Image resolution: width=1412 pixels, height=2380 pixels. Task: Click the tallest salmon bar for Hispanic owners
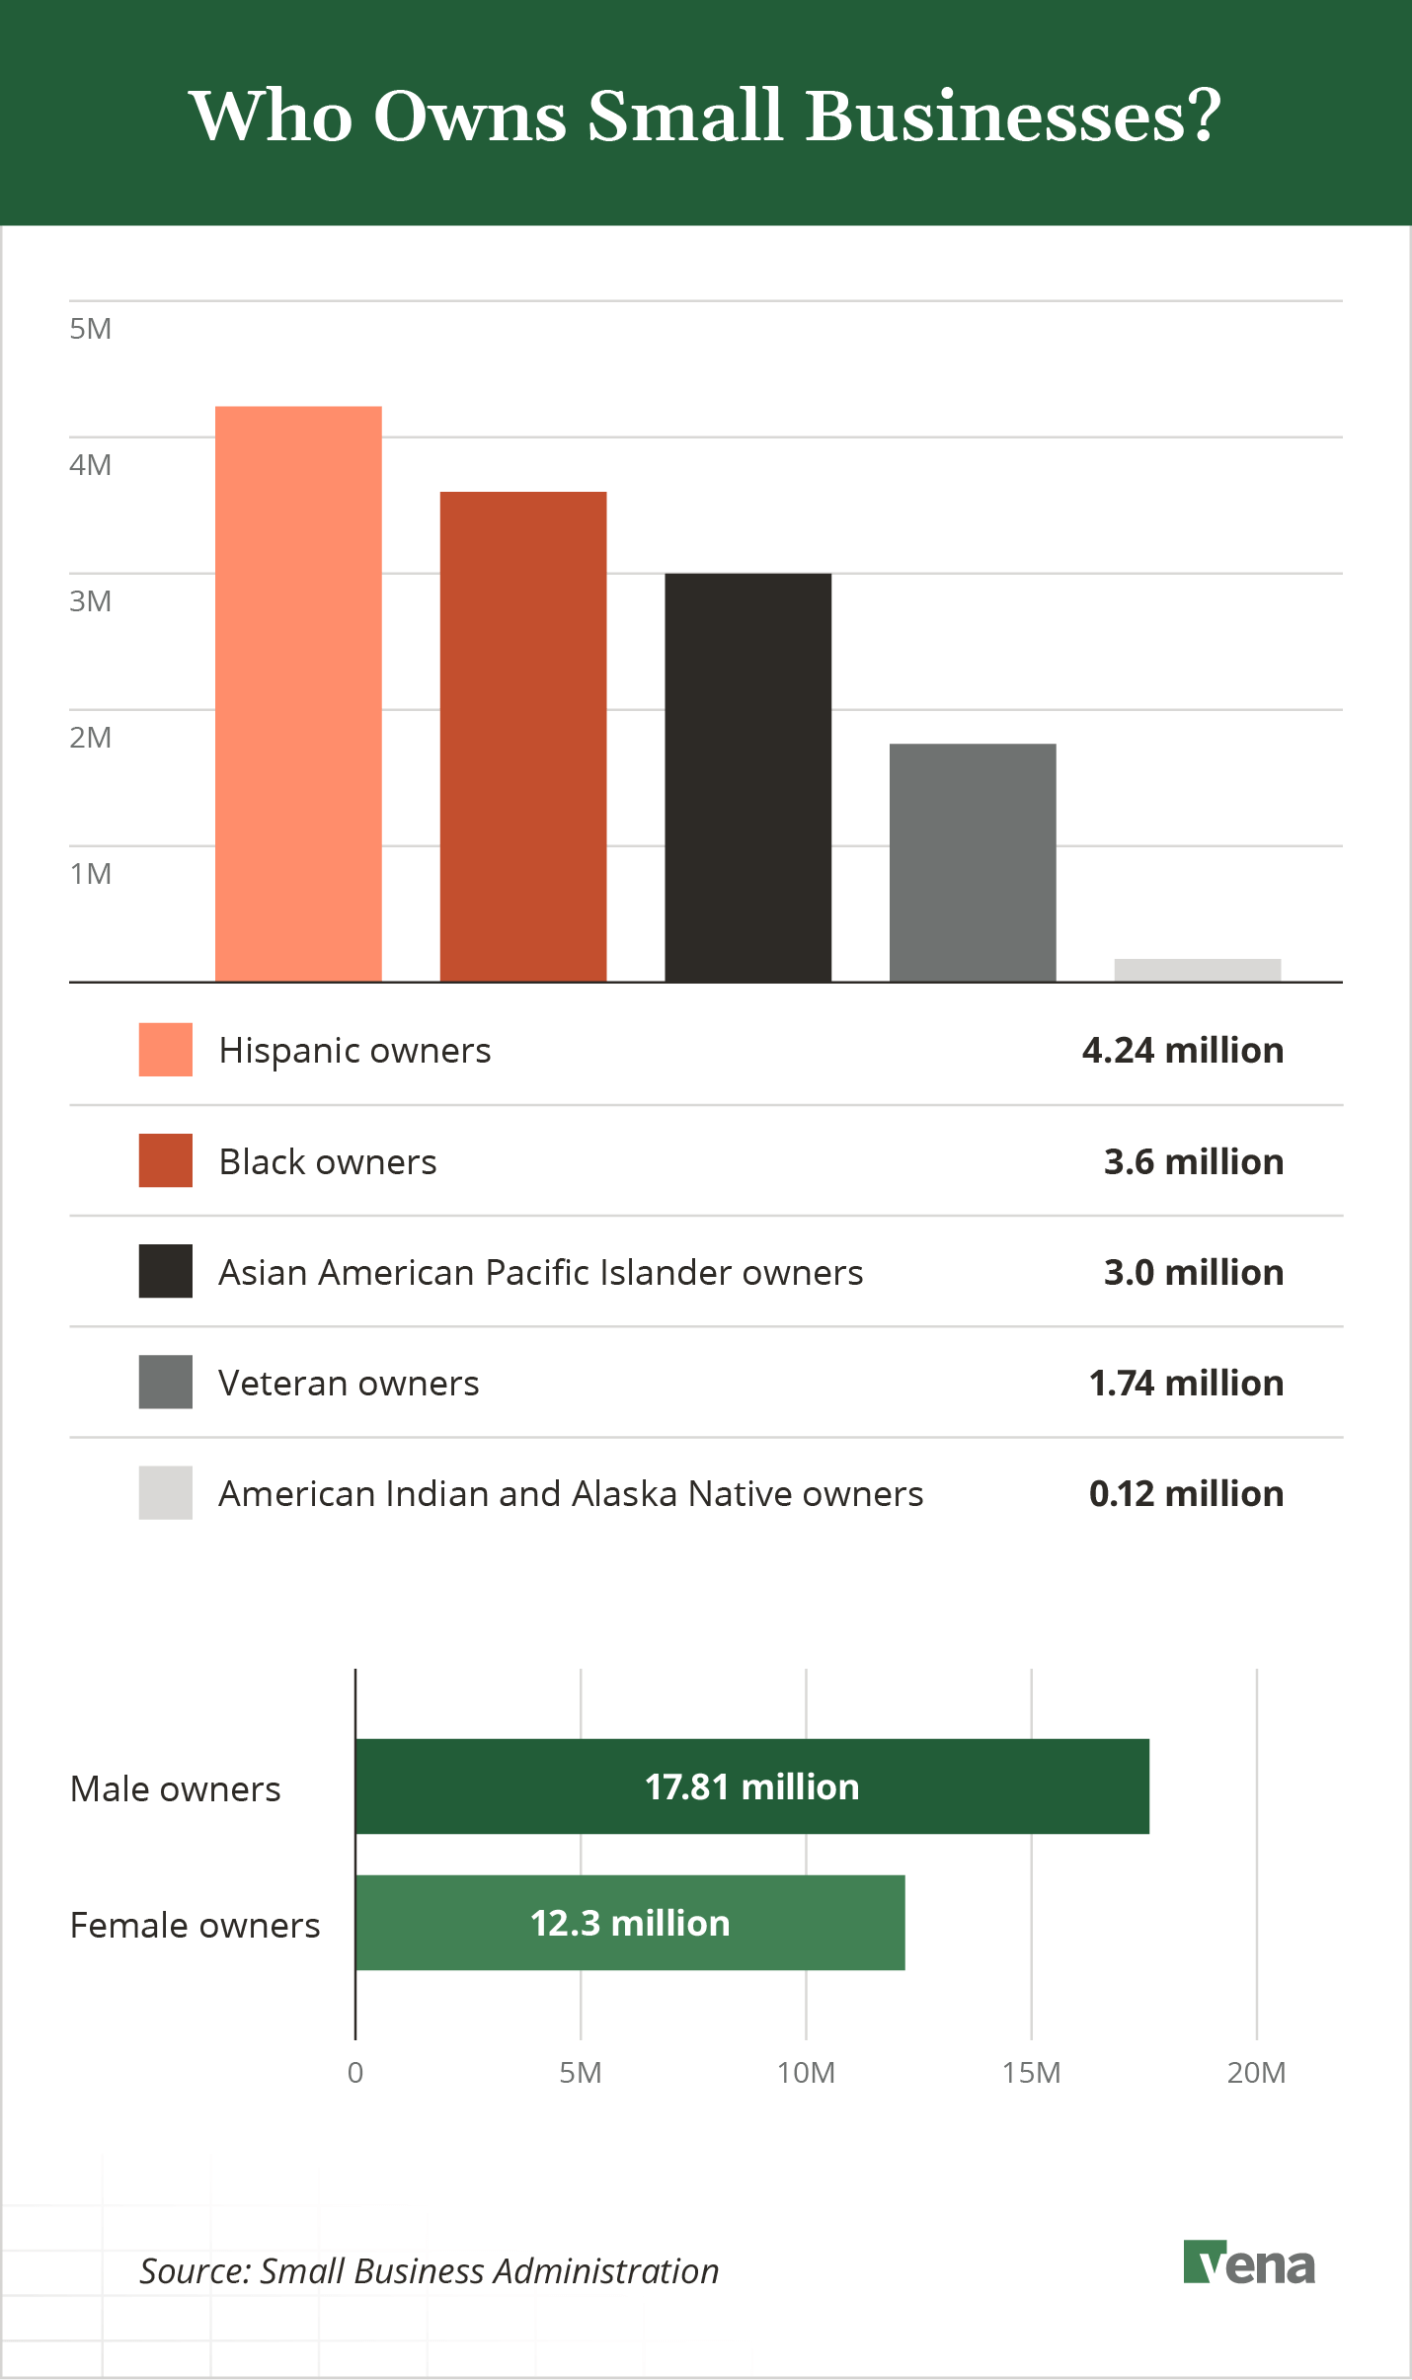[298, 693]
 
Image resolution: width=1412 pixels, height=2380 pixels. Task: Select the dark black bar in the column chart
[747, 777]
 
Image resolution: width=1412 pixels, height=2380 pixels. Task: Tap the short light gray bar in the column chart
[1197, 970]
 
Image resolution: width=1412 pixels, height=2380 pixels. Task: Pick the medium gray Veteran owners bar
[973, 862]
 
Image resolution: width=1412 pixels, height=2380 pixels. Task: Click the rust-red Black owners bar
[522, 736]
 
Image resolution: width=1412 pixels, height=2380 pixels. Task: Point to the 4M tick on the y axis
[90, 464]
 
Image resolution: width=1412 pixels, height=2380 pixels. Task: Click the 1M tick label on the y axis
[90, 873]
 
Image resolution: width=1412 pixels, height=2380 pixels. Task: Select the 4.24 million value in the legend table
[1182, 1050]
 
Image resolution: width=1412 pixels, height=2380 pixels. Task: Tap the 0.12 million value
[1185, 1493]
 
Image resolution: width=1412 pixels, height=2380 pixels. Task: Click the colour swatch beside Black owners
[165, 1160]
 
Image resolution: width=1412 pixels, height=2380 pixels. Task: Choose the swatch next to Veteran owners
[165, 1382]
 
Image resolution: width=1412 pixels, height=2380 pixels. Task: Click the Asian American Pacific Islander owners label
[540, 1272]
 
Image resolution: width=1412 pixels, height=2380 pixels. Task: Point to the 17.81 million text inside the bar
[751, 1786]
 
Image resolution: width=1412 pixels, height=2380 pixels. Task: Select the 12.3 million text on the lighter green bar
[630, 1923]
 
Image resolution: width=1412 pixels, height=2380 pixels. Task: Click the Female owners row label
[195, 1925]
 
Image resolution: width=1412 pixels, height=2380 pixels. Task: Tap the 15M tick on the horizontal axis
[1031, 2072]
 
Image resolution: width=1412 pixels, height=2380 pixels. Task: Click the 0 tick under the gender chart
[355, 2072]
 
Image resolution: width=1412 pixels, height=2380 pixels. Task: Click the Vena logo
[1248, 2263]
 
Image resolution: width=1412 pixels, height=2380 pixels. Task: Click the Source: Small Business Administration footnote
[429, 2270]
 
